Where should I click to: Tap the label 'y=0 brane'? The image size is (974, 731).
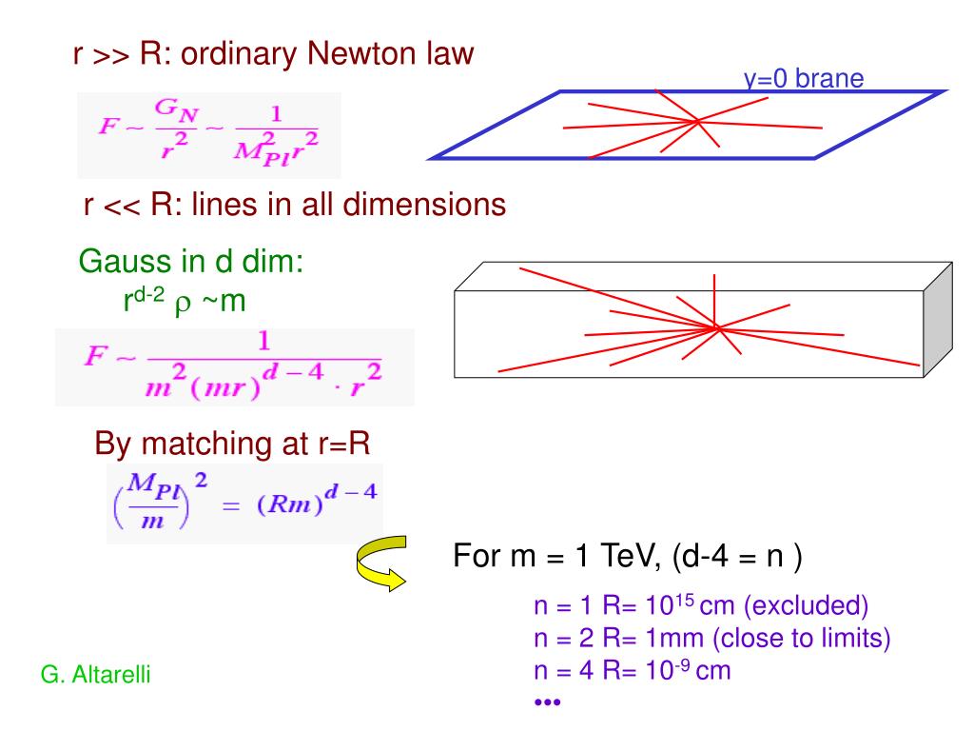[804, 79]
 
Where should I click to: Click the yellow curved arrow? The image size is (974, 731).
[381, 563]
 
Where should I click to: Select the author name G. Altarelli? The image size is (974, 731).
[96, 675]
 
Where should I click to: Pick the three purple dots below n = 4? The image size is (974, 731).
[547, 701]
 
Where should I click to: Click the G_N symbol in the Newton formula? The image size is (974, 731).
[176, 109]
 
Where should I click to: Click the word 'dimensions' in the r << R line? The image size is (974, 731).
[424, 205]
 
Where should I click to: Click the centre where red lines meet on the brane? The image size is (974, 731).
[698, 121]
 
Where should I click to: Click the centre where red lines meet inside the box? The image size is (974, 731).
[716, 327]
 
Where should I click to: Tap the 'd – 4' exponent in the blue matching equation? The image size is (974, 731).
[350, 492]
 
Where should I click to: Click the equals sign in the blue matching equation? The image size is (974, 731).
[231, 506]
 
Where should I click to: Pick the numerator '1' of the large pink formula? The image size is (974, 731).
[264, 342]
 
